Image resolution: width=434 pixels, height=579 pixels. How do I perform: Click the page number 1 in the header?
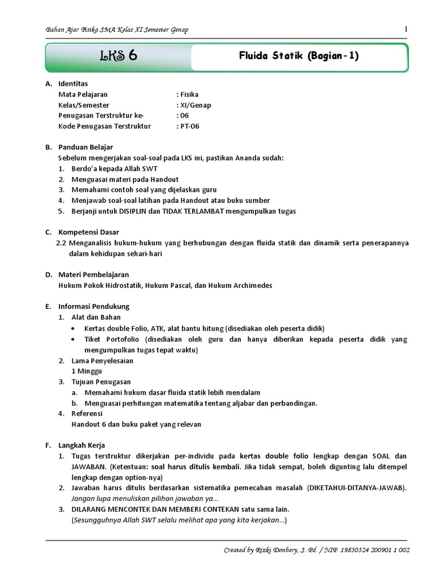pyautogui.click(x=406, y=29)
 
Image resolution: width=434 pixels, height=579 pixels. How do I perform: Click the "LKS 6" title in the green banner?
pyautogui.click(x=119, y=57)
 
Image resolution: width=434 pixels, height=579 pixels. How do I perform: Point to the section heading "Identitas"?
pyautogui.click(x=73, y=84)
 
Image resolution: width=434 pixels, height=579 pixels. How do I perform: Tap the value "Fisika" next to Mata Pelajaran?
pyautogui.click(x=189, y=94)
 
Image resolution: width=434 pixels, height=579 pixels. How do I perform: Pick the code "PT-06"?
pyautogui.click(x=190, y=126)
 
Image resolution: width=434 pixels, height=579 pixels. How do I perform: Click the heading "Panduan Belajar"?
pyautogui.click(x=86, y=147)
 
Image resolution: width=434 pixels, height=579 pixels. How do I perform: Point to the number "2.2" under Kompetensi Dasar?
pyautogui.click(x=62, y=243)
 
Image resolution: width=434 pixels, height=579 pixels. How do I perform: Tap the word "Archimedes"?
pyautogui.click(x=251, y=286)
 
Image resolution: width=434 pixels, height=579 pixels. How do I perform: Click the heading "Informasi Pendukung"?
pyautogui.click(x=94, y=306)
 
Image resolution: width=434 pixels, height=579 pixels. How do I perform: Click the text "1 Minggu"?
pyautogui.click(x=86, y=371)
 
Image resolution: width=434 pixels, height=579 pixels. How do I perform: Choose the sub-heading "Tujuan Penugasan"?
pyautogui.click(x=101, y=382)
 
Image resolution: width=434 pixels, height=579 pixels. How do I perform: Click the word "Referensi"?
pyautogui.click(x=88, y=413)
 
